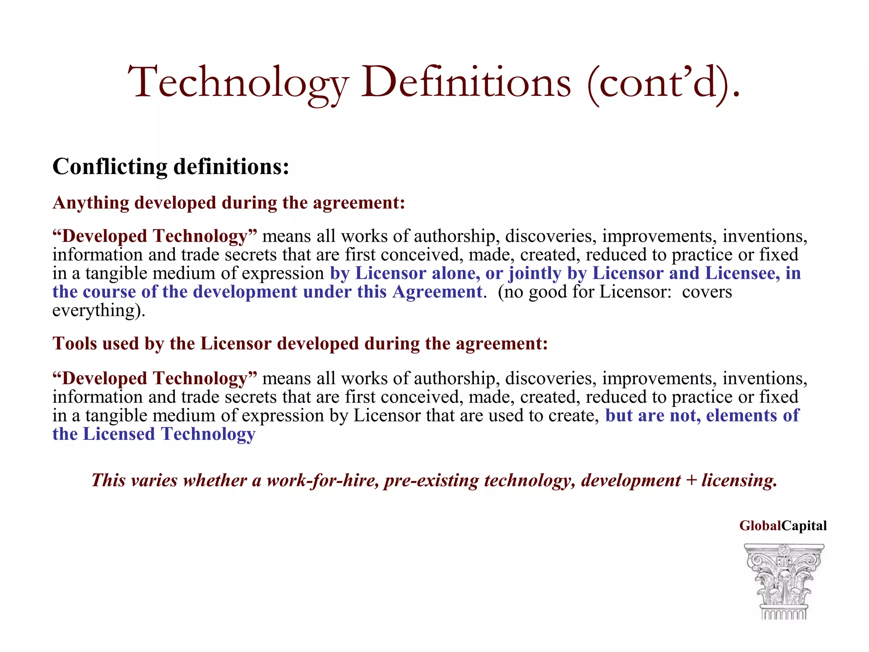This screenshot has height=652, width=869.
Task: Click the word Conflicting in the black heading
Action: (109, 166)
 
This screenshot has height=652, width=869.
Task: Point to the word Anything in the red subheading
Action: (90, 202)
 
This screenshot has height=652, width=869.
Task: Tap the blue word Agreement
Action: (437, 292)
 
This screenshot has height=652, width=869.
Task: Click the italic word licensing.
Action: (739, 480)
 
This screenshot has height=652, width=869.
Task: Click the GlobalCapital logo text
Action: (783, 526)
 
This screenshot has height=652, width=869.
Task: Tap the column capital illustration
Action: (784, 581)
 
